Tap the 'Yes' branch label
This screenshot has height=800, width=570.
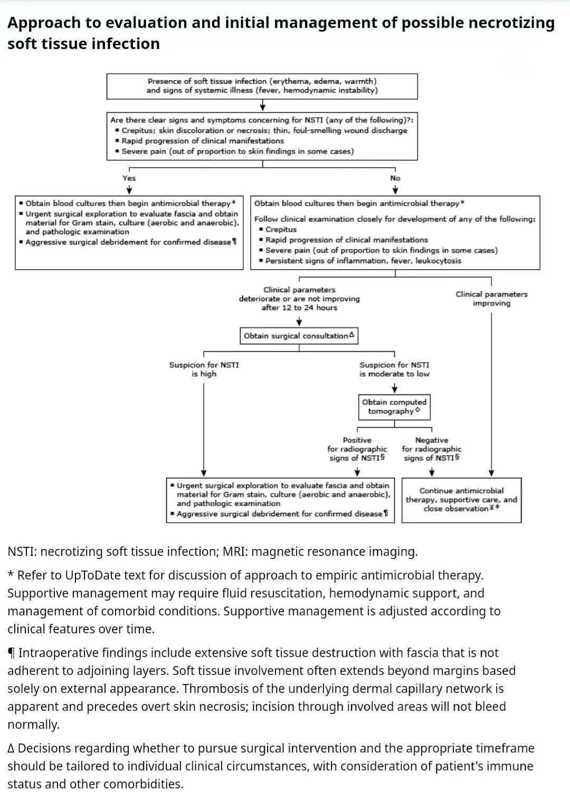click(129, 178)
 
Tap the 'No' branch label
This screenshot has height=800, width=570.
click(395, 178)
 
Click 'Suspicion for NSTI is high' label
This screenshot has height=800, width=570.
click(204, 369)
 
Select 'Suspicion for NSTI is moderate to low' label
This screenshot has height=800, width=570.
click(394, 369)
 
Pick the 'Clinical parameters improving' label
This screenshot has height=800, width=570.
click(491, 298)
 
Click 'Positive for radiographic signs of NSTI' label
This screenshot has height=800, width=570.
click(357, 449)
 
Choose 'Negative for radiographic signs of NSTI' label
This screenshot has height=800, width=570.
click(431, 449)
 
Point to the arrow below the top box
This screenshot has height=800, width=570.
click(263, 105)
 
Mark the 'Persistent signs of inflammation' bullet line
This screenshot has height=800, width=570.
click(360, 261)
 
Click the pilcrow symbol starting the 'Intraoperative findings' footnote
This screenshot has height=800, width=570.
click(12, 653)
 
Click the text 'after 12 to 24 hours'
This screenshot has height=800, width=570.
click(299, 307)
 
